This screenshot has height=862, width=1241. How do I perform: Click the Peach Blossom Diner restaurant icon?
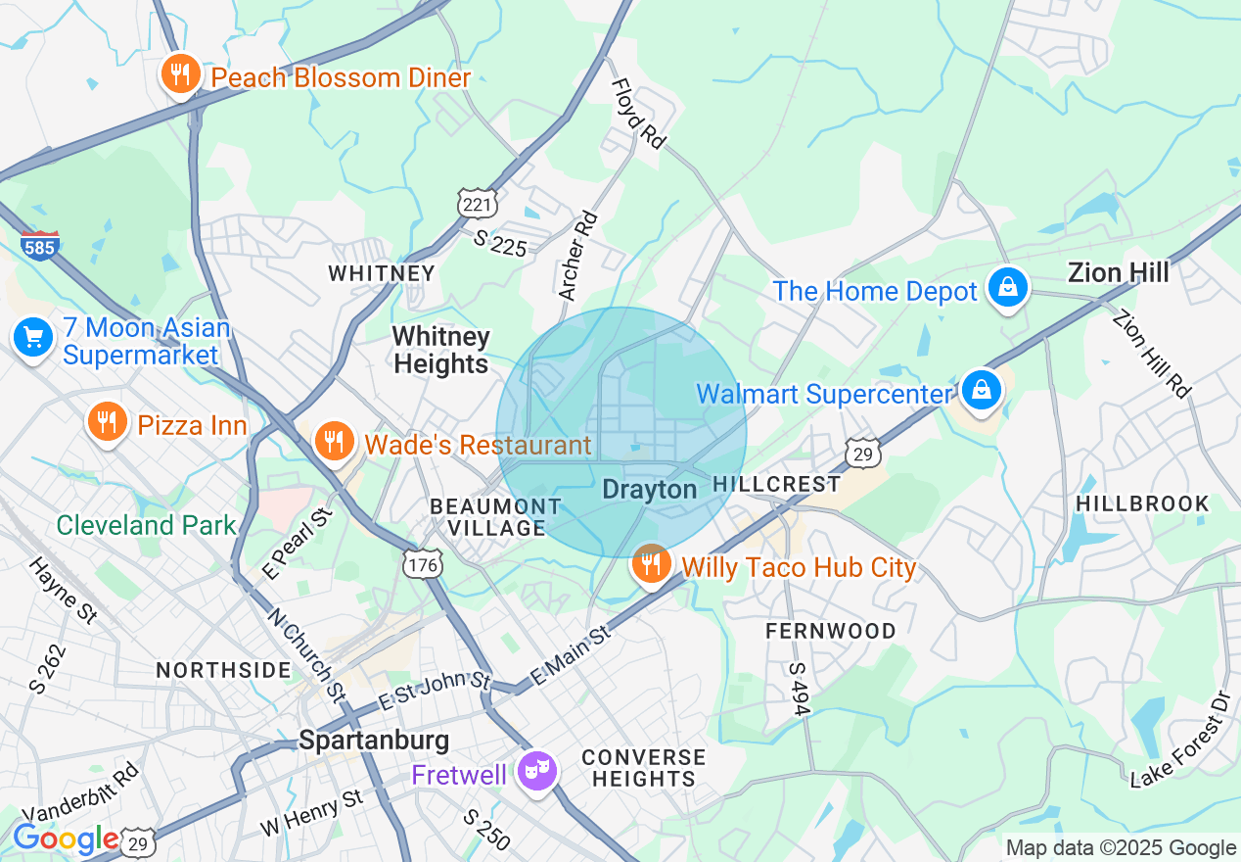pyautogui.click(x=180, y=74)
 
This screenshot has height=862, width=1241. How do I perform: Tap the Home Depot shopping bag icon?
pyautogui.click(x=1007, y=288)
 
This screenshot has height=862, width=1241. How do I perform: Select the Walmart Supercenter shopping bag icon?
pyautogui.click(x=981, y=390)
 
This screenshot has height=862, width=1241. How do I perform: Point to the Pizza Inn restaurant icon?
pyautogui.click(x=108, y=421)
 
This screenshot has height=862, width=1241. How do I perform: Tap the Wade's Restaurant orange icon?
pyautogui.click(x=334, y=441)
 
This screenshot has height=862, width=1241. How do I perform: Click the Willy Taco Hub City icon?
pyautogui.click(x=650, y=564)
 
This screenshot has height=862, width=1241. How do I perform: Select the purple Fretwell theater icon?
pyautogui.click(x=537, y=770)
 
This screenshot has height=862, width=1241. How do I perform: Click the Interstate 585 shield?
pyautogui.click(x=39, y=245)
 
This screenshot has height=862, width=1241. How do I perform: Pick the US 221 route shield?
pyautogui.click(x=479, y=203)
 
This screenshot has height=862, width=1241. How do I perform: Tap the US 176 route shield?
pyautogui.click(x=423, y=563)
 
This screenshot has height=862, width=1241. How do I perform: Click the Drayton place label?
pyautogui.click(x=650, y=489)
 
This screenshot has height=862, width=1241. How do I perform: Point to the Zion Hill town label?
pyautogui.click(x=1118, y=272)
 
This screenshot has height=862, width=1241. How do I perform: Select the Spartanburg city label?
pyautogui.click(x=374, y=740)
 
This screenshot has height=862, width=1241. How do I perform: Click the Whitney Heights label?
pyautogui.click(x=440, y=351)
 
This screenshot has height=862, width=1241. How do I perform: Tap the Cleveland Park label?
pyautogui.click(x=146, y=525)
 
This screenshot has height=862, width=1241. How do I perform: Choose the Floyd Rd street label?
pyautogui.click(x=638, y=115)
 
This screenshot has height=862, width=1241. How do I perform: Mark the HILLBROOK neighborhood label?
pyautogui.click(x=1142, y=503)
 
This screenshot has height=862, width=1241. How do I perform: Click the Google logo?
pyautogui.click(x=66, y=838)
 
